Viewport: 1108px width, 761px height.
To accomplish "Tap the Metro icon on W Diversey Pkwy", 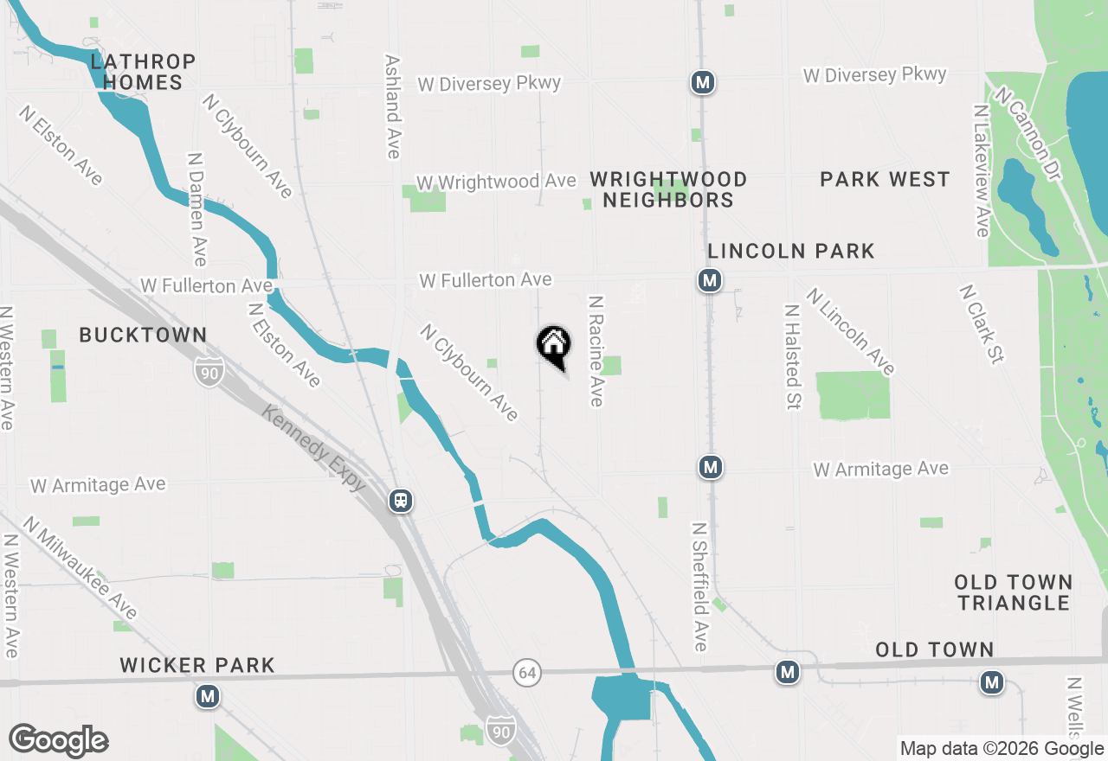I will point(703,83).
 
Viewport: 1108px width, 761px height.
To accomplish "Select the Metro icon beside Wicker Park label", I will point(207,696).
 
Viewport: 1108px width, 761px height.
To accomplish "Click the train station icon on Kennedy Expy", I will point(400,501).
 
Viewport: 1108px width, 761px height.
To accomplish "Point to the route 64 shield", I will point(525,672).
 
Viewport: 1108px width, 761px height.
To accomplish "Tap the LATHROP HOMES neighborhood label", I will point(143,72).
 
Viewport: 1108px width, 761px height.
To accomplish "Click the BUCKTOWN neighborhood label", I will point(143,335).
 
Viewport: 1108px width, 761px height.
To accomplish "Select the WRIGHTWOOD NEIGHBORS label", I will point(668,189).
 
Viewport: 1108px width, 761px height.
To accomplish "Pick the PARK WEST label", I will point(885,179).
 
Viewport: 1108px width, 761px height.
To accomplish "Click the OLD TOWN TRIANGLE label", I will point(1014,592).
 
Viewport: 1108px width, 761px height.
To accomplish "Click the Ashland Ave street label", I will point(393,107).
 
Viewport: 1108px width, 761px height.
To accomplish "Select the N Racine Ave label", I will point(596,351).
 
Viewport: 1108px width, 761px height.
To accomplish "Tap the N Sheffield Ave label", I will point(699,586).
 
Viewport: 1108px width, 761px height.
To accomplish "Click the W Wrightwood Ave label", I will point(496,182).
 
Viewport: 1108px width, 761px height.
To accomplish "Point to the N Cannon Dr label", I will point(1027,133).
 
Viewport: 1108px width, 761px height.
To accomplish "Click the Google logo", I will point(58,741).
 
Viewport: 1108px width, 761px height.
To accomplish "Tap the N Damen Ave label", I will point(196,210).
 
